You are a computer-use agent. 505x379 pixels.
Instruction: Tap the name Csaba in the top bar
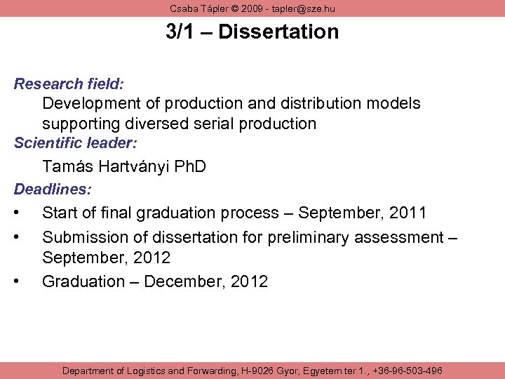[x=184, y=8]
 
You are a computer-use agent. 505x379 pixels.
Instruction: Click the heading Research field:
[x=69, y=84]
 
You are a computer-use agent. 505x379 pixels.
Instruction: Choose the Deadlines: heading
[x=53, y=189]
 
